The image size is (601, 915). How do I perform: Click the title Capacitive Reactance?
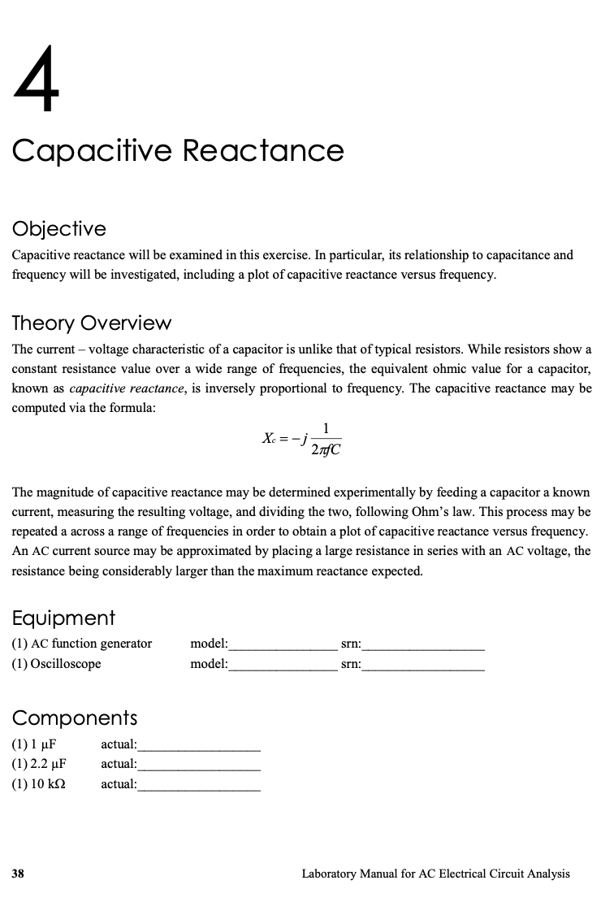pos(178,151)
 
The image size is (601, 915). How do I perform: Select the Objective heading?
pos(58,228)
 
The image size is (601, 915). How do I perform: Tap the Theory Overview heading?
pos(91,323)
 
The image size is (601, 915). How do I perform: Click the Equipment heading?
pos(63,618)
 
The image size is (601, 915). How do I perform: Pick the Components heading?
pos(74,718)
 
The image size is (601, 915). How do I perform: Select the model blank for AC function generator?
pos(282,645)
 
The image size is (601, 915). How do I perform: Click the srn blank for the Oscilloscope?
pos(423,665)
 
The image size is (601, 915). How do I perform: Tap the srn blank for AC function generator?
pos(423,645)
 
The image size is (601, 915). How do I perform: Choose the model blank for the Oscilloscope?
pos(282,665)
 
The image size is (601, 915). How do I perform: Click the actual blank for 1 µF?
pos(199,744)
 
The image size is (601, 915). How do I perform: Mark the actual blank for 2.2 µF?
pos(199,765)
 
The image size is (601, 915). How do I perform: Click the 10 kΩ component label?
pos(38,784)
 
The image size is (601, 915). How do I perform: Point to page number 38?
pos(18,874)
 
